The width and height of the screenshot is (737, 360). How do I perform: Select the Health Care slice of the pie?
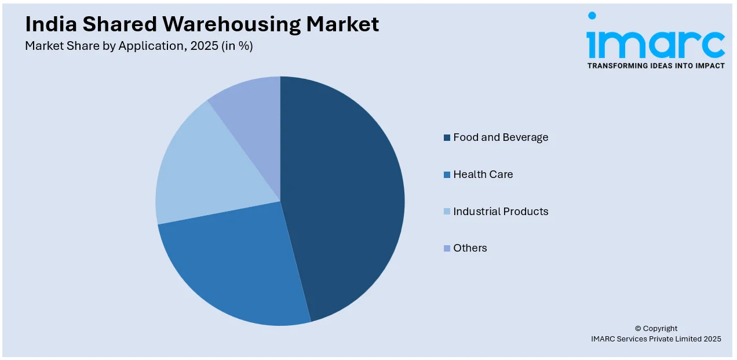pyautogui.click(x=232, y=267)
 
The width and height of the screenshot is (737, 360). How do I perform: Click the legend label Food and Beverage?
pyautogui.click(x=501, y=137)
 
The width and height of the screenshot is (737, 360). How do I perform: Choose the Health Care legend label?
pyautogui.click(x=483, y=174)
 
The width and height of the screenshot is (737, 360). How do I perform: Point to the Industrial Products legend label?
pyautogui.click(x=501, y=212)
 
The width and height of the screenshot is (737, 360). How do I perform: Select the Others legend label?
pyautogui.click(x=470, y=248)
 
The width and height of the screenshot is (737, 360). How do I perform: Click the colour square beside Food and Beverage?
pyautogui.click(x=447, y=138)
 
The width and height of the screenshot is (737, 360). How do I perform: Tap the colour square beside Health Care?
pyautogui.click(x=447, y=175)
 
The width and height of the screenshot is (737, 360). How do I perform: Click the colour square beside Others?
pyautogui.click(x=447, y=249)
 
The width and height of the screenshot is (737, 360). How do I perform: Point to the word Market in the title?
pyautogui.click(x=343, y=24)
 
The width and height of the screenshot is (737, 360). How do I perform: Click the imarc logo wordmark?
pyautogui.click(x=655, y=41)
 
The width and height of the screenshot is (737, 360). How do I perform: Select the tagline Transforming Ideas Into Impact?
pyautogui.click(x=656, y=66)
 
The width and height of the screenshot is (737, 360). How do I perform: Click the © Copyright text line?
pyautogui.click(x=656, y=329)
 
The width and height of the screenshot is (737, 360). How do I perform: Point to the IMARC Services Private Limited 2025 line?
pyautogui.click(x=656, y=339)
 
